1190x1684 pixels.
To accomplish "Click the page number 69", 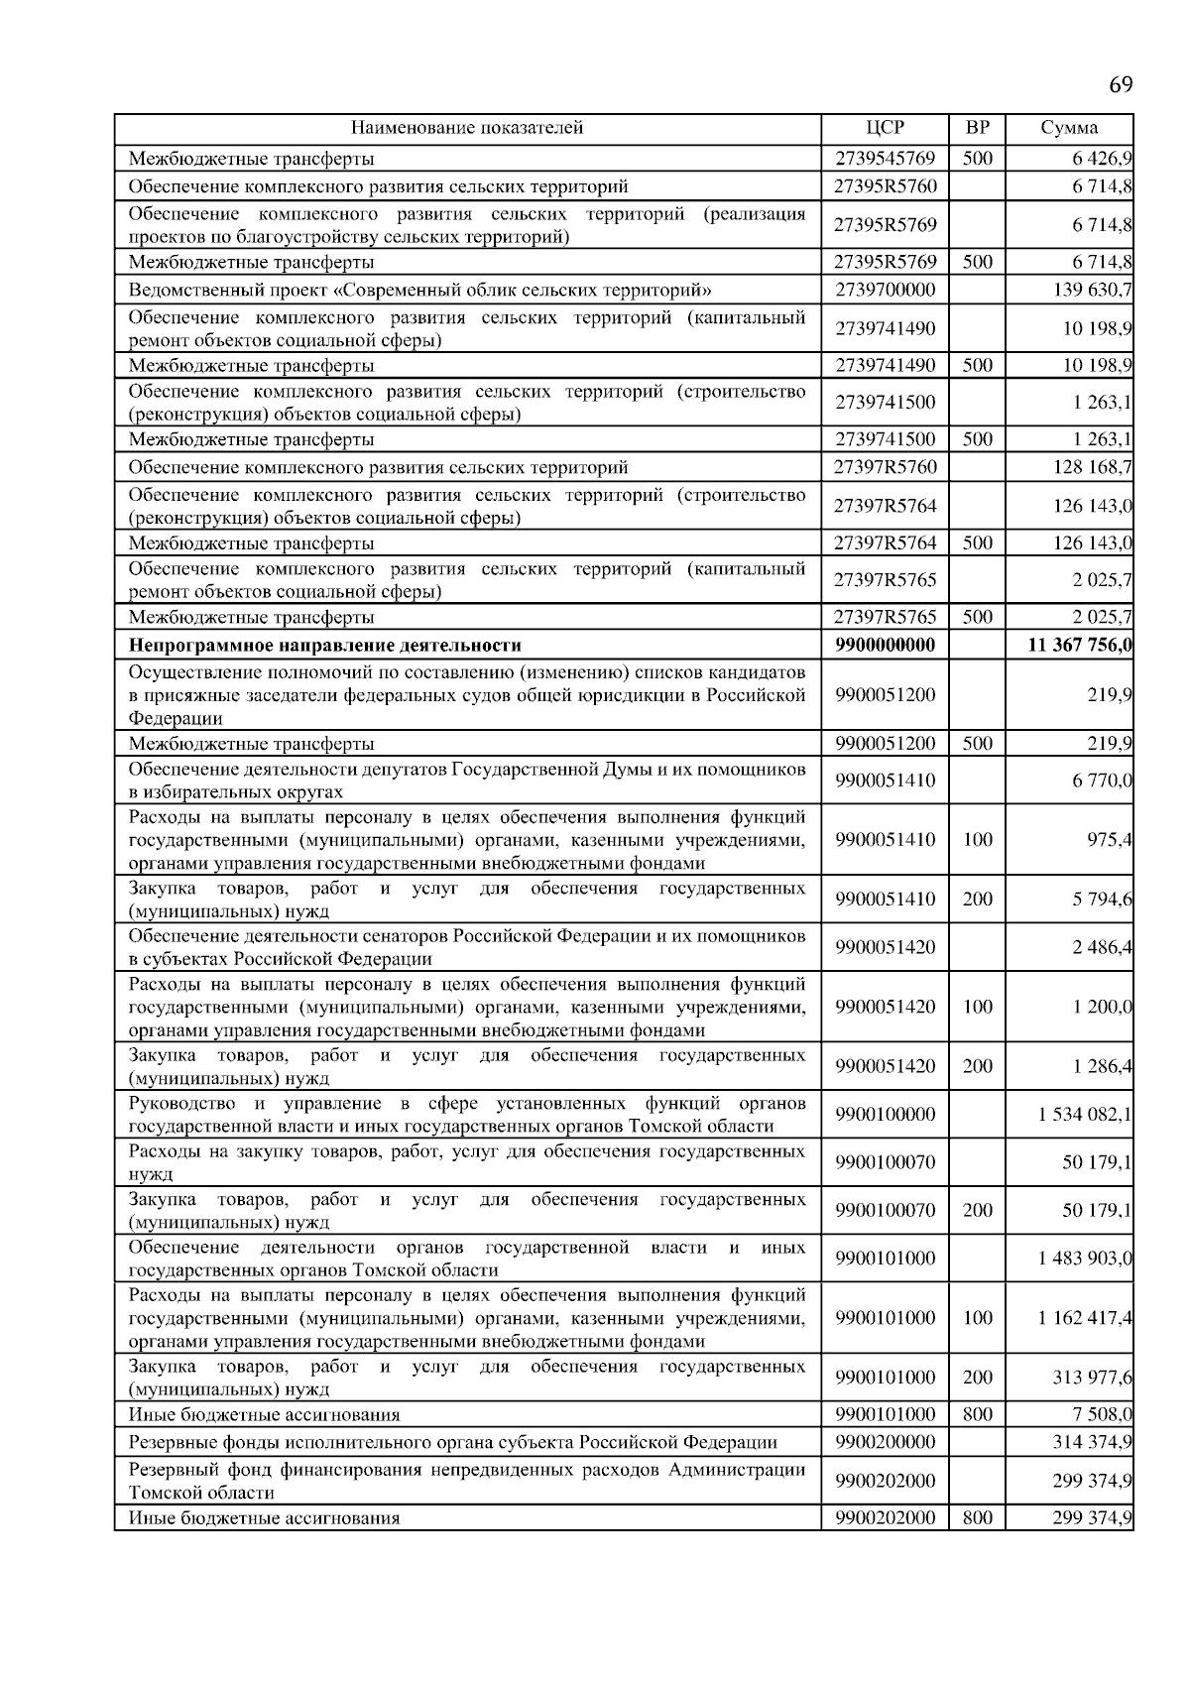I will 1120,84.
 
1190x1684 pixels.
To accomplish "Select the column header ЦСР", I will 885,128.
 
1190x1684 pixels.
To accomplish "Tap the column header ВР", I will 977,128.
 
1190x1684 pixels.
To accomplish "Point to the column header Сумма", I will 1069,128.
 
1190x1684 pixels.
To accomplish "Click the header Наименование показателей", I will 467,128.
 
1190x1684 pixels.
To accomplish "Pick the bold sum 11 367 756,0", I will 1081,646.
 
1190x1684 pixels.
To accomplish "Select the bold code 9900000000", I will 885,646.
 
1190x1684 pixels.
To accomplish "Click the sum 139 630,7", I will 1093,291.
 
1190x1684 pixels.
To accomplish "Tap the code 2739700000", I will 885,291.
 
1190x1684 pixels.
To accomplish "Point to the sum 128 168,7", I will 1093,467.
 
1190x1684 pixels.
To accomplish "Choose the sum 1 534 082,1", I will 1085,1115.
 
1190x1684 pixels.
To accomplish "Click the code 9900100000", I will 885,1115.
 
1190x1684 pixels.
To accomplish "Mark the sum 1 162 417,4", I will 1085,1318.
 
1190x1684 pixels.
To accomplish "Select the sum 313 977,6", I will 1093,1378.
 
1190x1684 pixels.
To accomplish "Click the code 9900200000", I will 885,1442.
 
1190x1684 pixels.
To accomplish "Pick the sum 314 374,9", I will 1093,1442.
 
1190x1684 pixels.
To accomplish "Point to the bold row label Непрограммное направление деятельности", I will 325,646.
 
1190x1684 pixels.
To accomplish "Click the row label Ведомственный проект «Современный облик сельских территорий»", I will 420,291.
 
